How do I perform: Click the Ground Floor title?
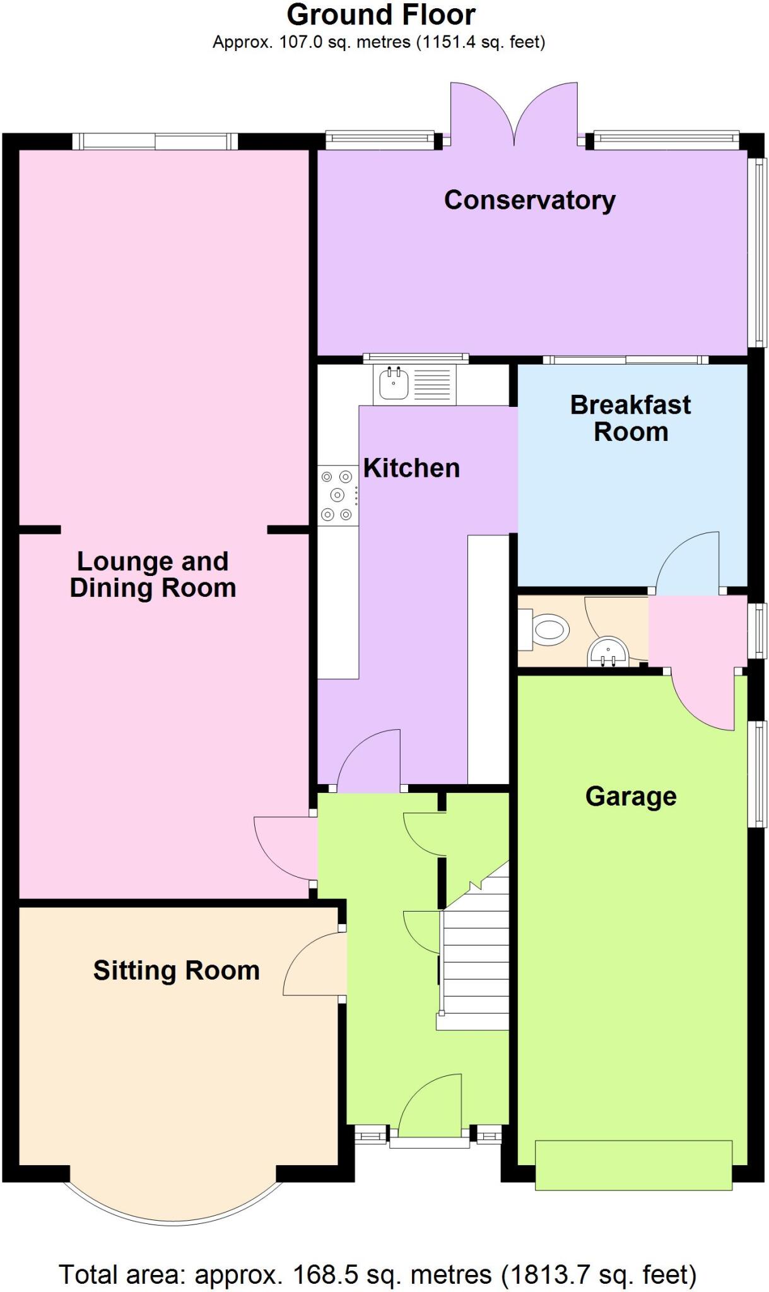pos(381,15)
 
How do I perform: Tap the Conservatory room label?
pos(529,200)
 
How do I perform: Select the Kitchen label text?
pos(411,468)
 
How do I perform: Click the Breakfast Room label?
pos(630,418)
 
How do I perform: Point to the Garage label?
pos(630,796)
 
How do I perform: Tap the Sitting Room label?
pos(177,970)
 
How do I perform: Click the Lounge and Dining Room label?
pos(153,575)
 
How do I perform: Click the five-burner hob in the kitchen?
pos(337,495)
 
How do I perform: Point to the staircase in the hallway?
pos(475,959)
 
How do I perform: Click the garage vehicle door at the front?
pos(633,1165)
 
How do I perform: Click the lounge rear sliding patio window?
pos(155,141)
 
